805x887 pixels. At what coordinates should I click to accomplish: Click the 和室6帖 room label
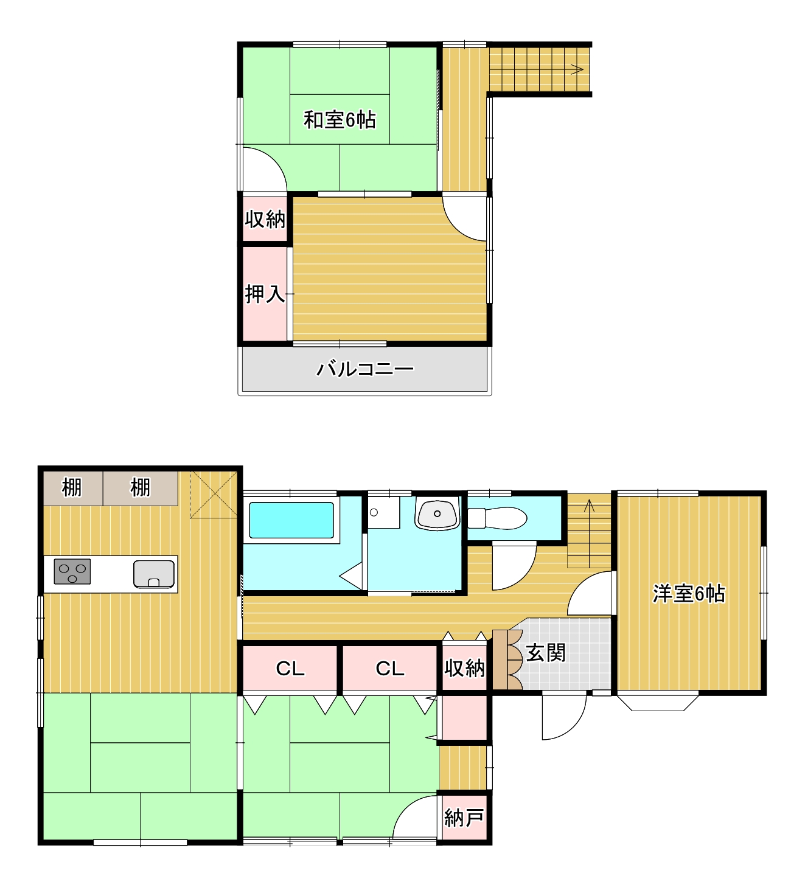[340, 120]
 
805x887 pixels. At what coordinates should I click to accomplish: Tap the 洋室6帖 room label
[689, 594]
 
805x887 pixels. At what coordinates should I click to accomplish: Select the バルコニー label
[365, 369]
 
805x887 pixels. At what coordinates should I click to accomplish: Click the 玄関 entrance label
[545, 653]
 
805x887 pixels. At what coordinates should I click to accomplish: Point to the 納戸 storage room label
[464, 818]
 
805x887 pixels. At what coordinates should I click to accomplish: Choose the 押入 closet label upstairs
[265, 294]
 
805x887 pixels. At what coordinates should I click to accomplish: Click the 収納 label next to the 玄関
[464, 667]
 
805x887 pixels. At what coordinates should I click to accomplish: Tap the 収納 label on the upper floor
[265, 220]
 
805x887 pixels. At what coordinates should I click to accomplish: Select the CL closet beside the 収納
[389, 669]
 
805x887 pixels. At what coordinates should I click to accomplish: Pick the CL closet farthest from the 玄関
[290, 669]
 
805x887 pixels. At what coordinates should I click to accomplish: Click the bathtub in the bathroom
[291, 520]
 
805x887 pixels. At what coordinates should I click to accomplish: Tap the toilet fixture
[497, 518]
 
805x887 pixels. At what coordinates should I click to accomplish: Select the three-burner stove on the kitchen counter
[72, 571]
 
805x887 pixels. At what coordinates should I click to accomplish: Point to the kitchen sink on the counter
[154, 574]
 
